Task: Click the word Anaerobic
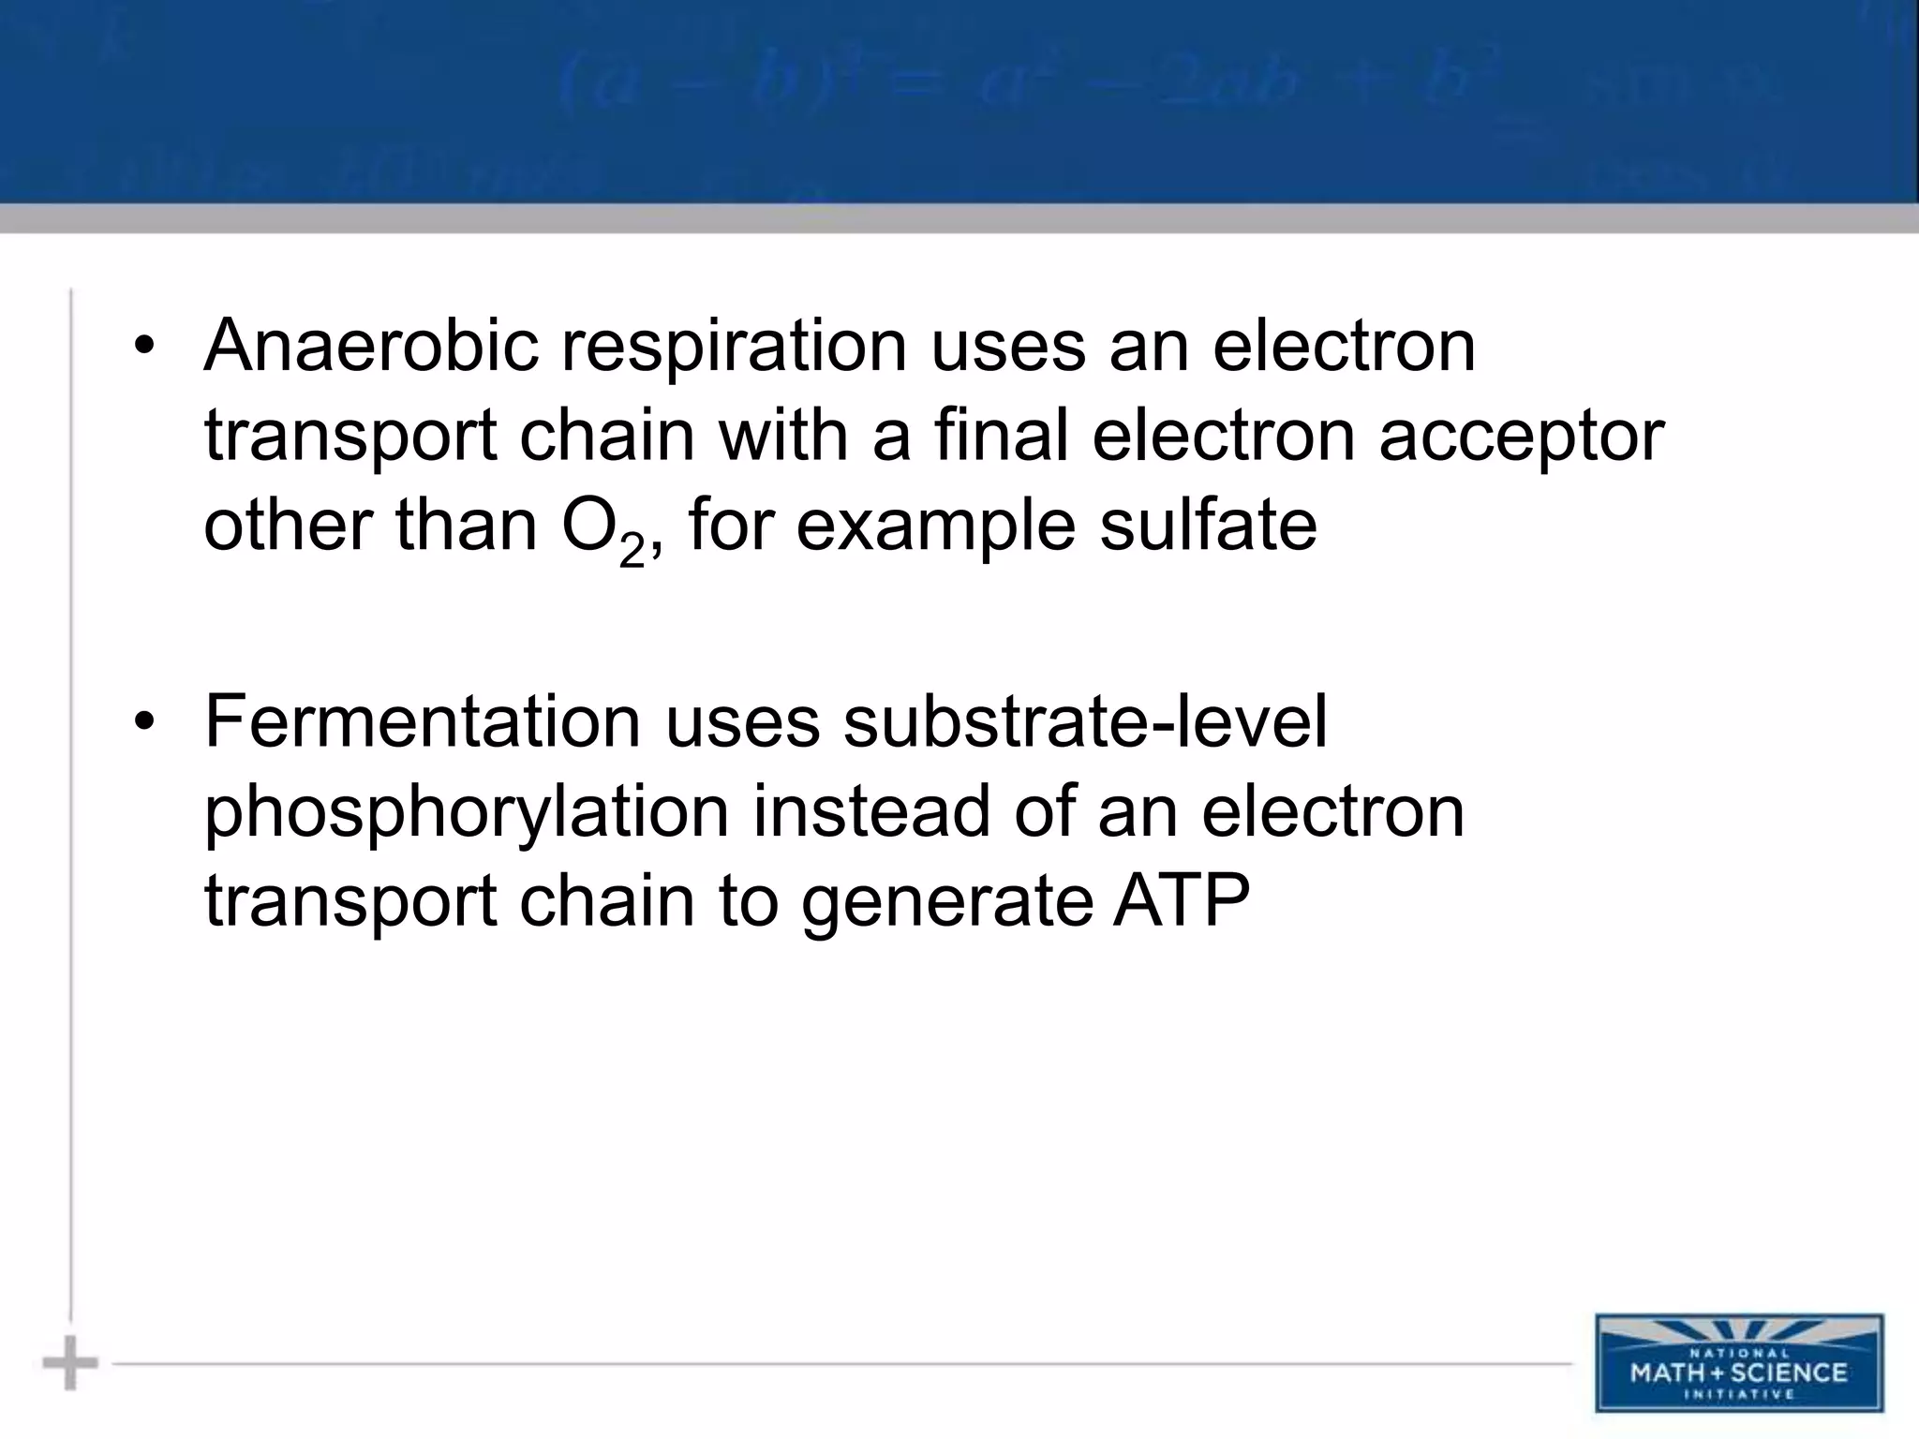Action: [x=371, y=345]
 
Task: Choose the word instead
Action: [x=871, y=811]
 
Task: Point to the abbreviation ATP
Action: [x=1181, y=901]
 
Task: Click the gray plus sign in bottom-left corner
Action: [x=70, y=1363]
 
